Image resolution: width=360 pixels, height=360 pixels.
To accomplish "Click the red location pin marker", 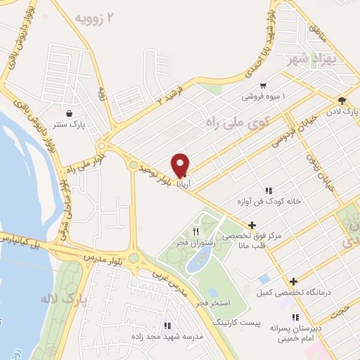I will pos(181,164).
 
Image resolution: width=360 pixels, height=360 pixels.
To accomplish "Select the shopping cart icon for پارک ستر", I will pos(69,113).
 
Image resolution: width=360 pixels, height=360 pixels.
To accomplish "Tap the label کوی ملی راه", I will pos(237,122).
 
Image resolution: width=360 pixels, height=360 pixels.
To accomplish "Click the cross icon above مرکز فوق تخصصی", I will pos(252,224).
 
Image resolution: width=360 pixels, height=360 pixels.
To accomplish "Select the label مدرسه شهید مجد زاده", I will pos(168,337).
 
